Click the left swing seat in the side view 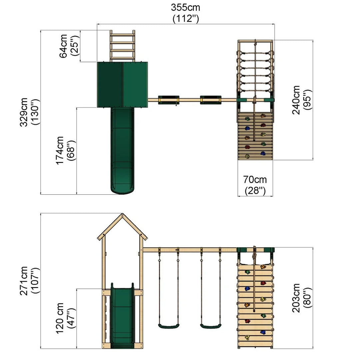pyautogui.click(x=169, y=326)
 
